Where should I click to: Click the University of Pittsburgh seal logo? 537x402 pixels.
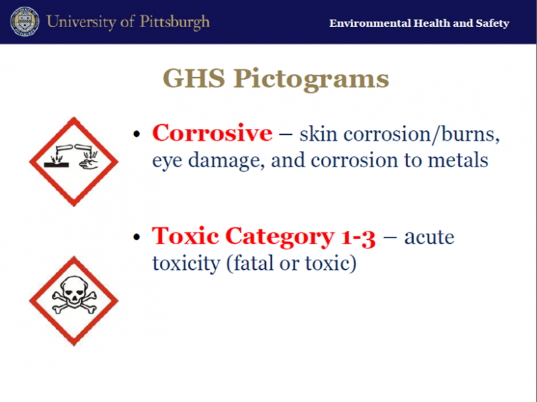click(24, 21)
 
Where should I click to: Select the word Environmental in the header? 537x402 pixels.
click(370, 23)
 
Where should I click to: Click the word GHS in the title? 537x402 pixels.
click(194, 79)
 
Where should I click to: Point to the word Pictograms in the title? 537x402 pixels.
click(311, 80)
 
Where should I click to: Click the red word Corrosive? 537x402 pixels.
click(212, 133)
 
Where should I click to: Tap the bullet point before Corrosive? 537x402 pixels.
click(137, 134)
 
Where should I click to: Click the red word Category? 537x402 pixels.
click(280, 237)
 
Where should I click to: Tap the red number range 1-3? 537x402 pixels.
click(358, 237)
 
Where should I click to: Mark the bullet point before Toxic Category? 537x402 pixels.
click(137, 237)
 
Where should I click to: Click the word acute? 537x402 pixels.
click(430, 238)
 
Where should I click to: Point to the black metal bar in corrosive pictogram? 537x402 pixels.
click(56, 164)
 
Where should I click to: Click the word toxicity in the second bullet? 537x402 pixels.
click(187, 264)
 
